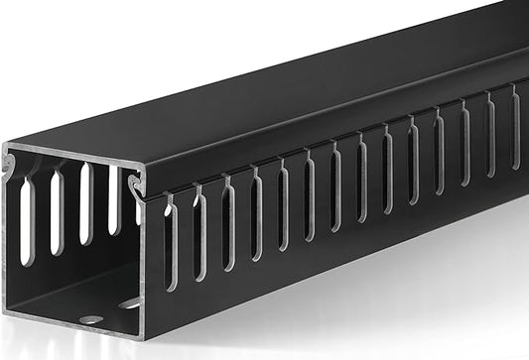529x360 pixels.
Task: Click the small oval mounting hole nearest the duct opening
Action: point(90,318)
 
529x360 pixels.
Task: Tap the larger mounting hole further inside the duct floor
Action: point(130,302)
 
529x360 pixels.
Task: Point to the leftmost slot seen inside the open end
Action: point(27,220)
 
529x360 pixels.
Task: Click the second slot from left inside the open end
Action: point(58,211)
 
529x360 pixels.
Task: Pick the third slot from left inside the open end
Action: point(85,204)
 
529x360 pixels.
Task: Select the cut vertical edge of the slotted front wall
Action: point(146,268)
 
